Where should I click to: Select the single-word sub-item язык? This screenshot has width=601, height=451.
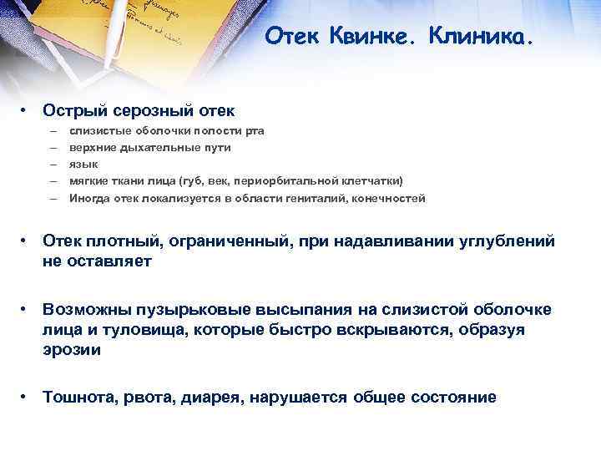point(83,165)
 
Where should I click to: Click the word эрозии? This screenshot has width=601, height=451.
point(72,350)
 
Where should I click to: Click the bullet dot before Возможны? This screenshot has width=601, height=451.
point(28,310)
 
